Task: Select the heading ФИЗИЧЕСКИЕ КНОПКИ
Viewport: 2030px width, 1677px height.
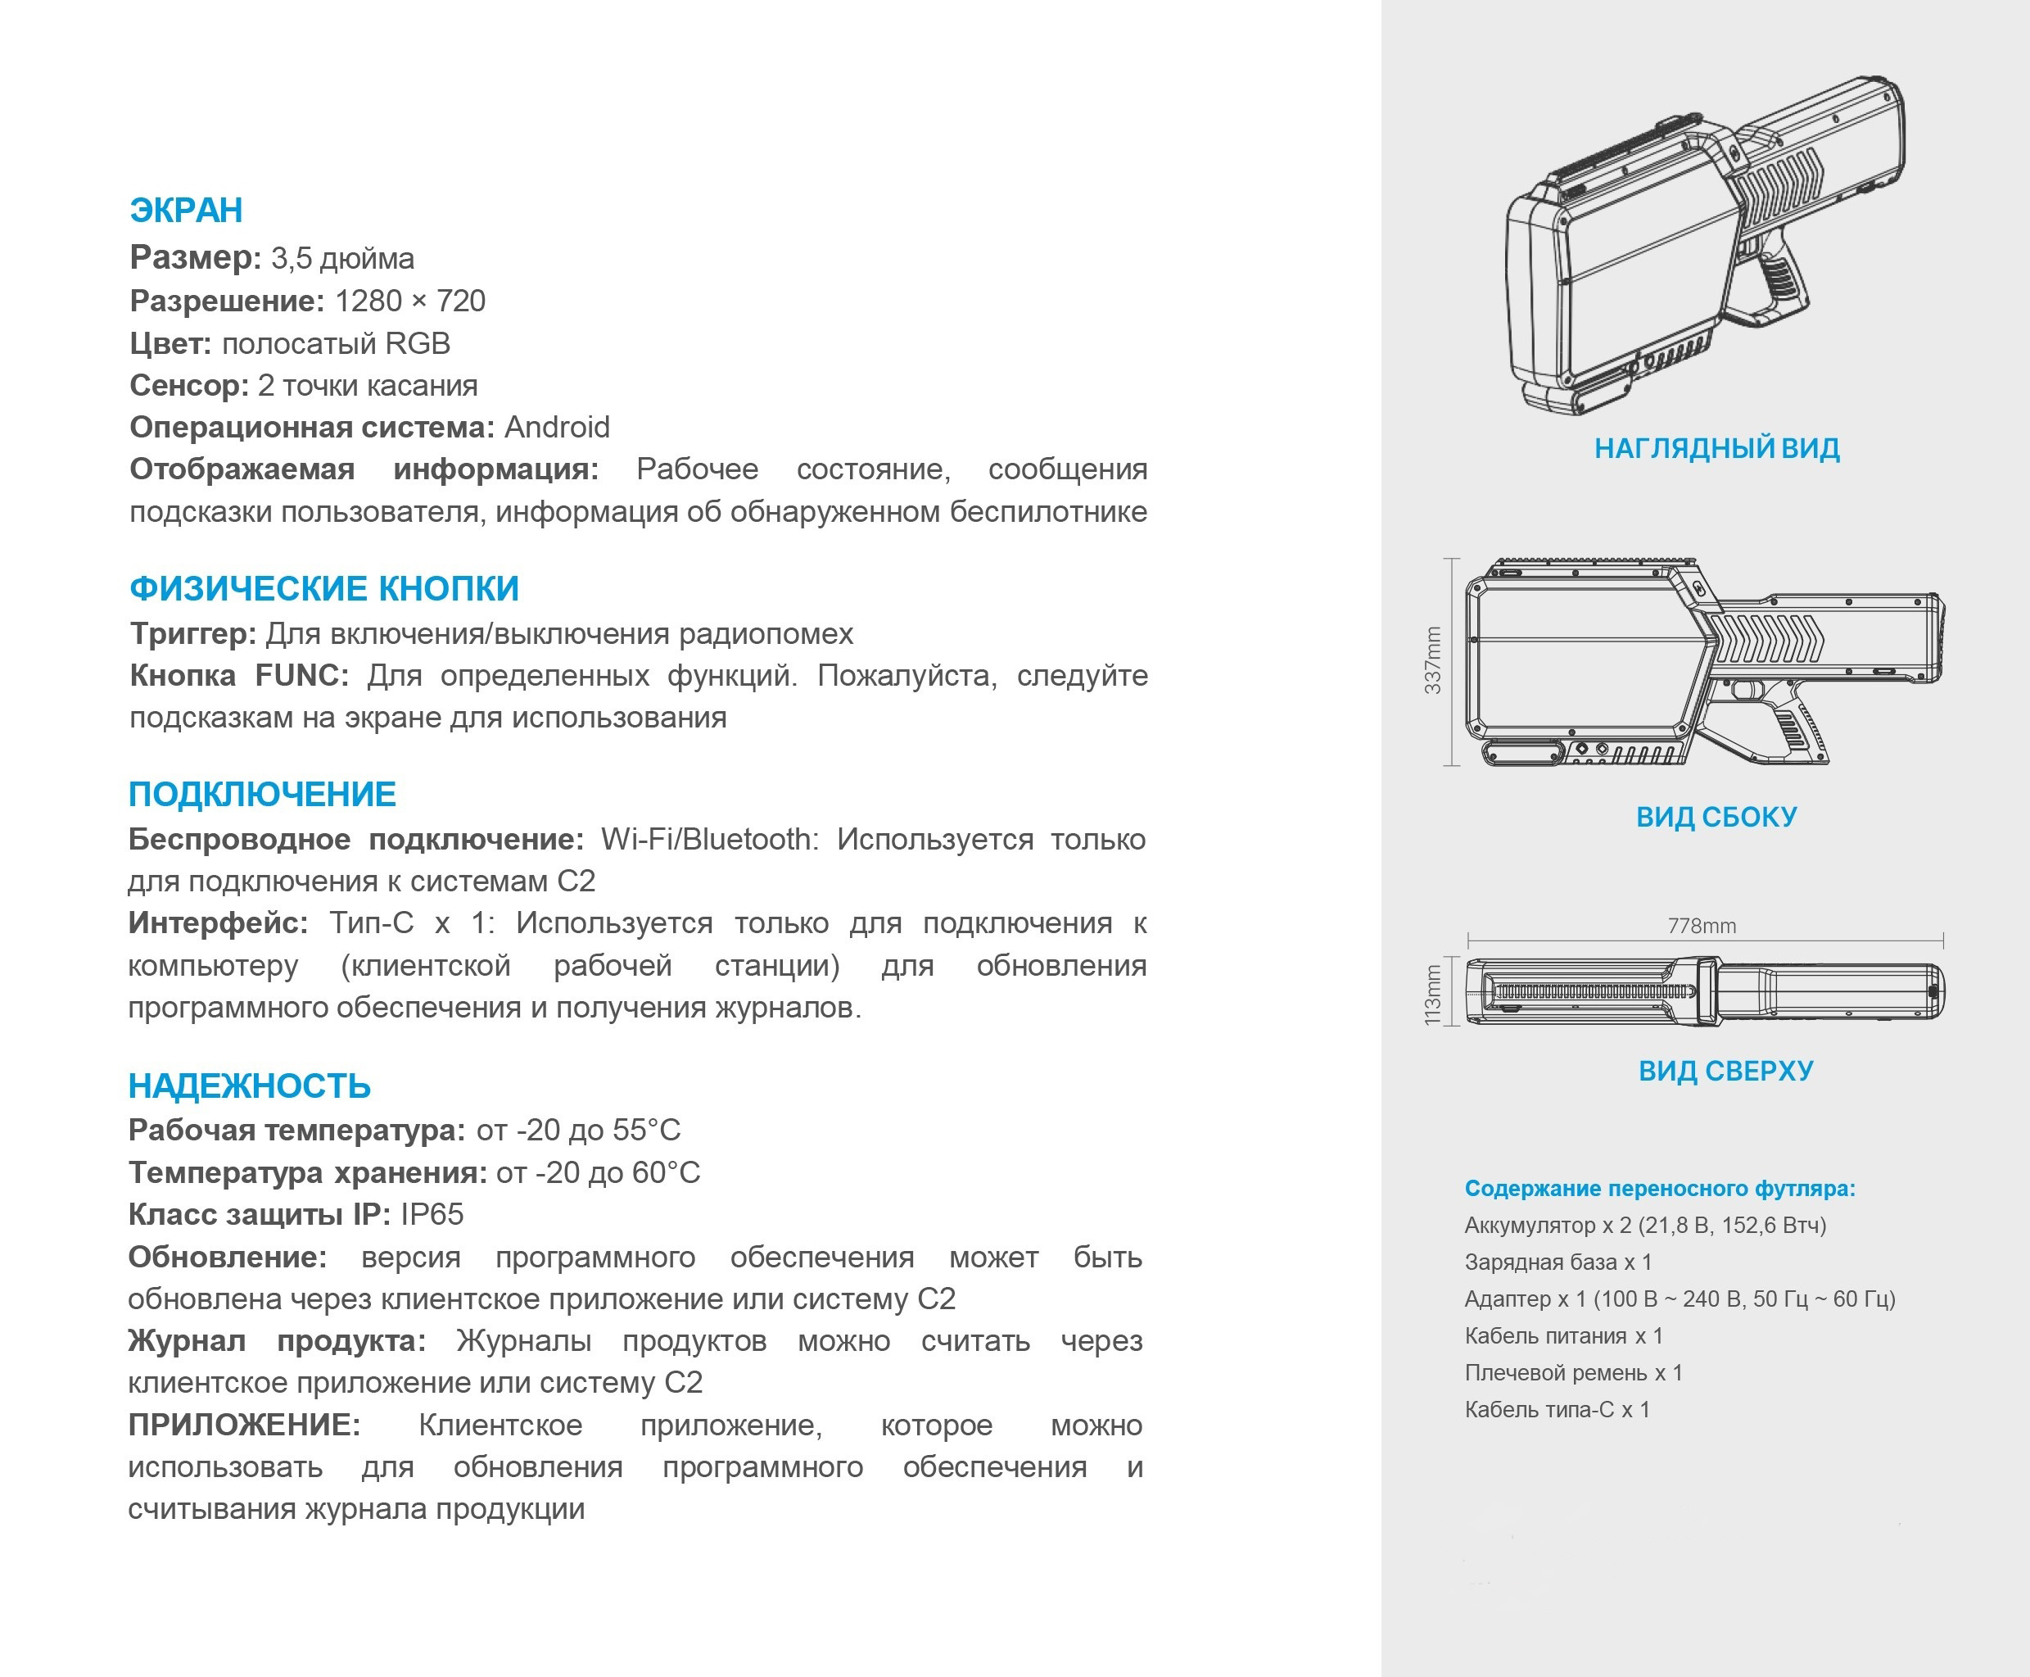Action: pyautogui.click(x=324, y=588)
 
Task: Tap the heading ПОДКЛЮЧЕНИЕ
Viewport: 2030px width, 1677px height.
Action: pyautogui.click(x=262, y=794)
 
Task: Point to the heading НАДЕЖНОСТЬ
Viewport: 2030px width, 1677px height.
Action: pyautogui.click(x=249, y=1086)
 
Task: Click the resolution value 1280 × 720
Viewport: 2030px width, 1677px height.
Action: pyautogui.click(x=409, y=301)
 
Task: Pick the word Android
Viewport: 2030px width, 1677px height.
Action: pyautogui.click(x=557, y=427)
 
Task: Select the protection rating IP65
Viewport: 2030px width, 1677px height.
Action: pyautogui.click(x=432, y=1214)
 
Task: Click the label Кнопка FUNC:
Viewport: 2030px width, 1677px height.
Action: pyautogui.click(x=238, y=675)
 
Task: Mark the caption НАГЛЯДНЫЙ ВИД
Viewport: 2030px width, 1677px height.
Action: pyautogui.click(x=1716, y=448)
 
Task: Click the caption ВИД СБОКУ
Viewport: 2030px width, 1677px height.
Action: pyautogui.click(x=1716, y=818)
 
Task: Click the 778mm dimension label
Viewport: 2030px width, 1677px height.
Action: pyautogui.click(x=1702, y=926)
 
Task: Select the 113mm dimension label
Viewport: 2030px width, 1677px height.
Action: pyautogui.click(x=1433, y=994)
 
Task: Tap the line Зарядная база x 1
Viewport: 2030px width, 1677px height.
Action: pyautogui.click(x=1558, y=1262)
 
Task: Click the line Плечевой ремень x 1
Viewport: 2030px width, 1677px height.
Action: pyautogui.click(x=1573, y=1373)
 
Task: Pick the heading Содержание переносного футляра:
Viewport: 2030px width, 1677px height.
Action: pyautogui.click(x=1659, y=1188)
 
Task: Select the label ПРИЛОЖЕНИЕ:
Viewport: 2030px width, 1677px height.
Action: pyautogui.click(x=244, y=1425)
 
